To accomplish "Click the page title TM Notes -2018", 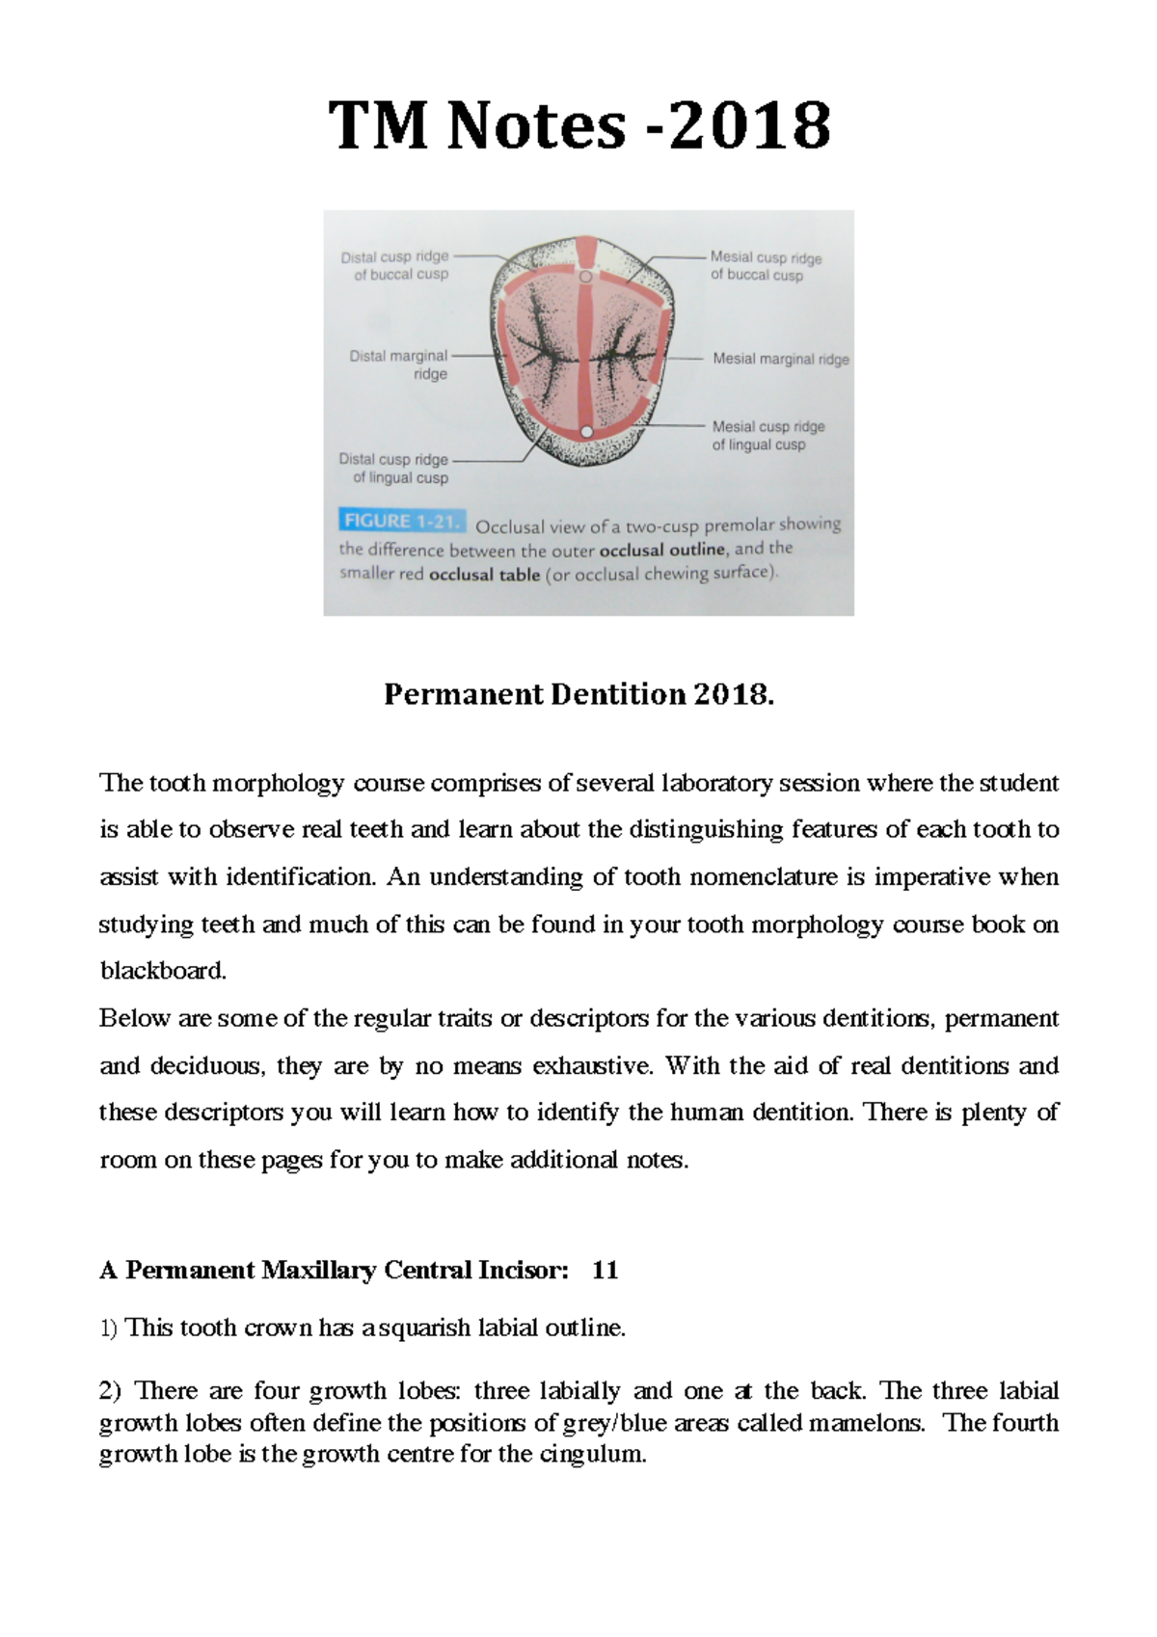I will (578, 127).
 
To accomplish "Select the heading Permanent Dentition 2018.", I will (578, 694).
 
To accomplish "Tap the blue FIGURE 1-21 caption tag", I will (402, 522).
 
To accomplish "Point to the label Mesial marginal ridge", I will (781, 359).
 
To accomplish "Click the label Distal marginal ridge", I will (399, 364).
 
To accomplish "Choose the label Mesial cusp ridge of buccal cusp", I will (766, 266).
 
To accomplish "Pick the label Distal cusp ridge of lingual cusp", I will (394, 469).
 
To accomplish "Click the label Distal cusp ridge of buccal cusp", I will (395, 266).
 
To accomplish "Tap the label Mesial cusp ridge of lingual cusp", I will (767, 435).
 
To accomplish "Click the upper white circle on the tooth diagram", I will (585, 277).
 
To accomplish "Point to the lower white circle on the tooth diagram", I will (585, 430).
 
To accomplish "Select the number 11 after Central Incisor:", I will (605, 1270).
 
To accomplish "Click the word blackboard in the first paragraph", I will (162, 971).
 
